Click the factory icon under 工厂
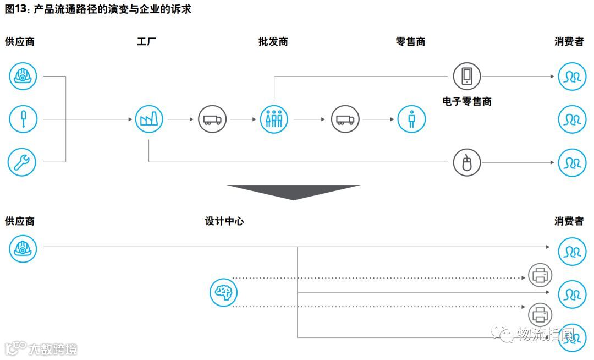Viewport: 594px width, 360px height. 149,119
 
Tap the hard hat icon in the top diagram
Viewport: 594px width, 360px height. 23,77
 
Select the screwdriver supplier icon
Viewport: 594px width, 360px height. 23,119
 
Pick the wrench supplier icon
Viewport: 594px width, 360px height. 22,162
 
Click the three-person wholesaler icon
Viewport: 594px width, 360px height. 274,119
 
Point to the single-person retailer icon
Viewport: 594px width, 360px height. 411,119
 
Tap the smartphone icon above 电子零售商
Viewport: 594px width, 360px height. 466,76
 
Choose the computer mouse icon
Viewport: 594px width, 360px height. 466,162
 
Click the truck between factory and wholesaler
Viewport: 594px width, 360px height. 212,119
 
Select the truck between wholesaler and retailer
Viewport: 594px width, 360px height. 345,119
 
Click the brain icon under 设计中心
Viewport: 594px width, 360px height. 223,292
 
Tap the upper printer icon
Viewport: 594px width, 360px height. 540,275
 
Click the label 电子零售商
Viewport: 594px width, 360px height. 466,101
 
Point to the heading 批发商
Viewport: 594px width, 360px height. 273,42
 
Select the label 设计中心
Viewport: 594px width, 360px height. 224,221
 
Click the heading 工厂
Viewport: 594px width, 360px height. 147,42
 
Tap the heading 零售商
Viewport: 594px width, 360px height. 410,42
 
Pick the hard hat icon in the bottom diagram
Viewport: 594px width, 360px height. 23,248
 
